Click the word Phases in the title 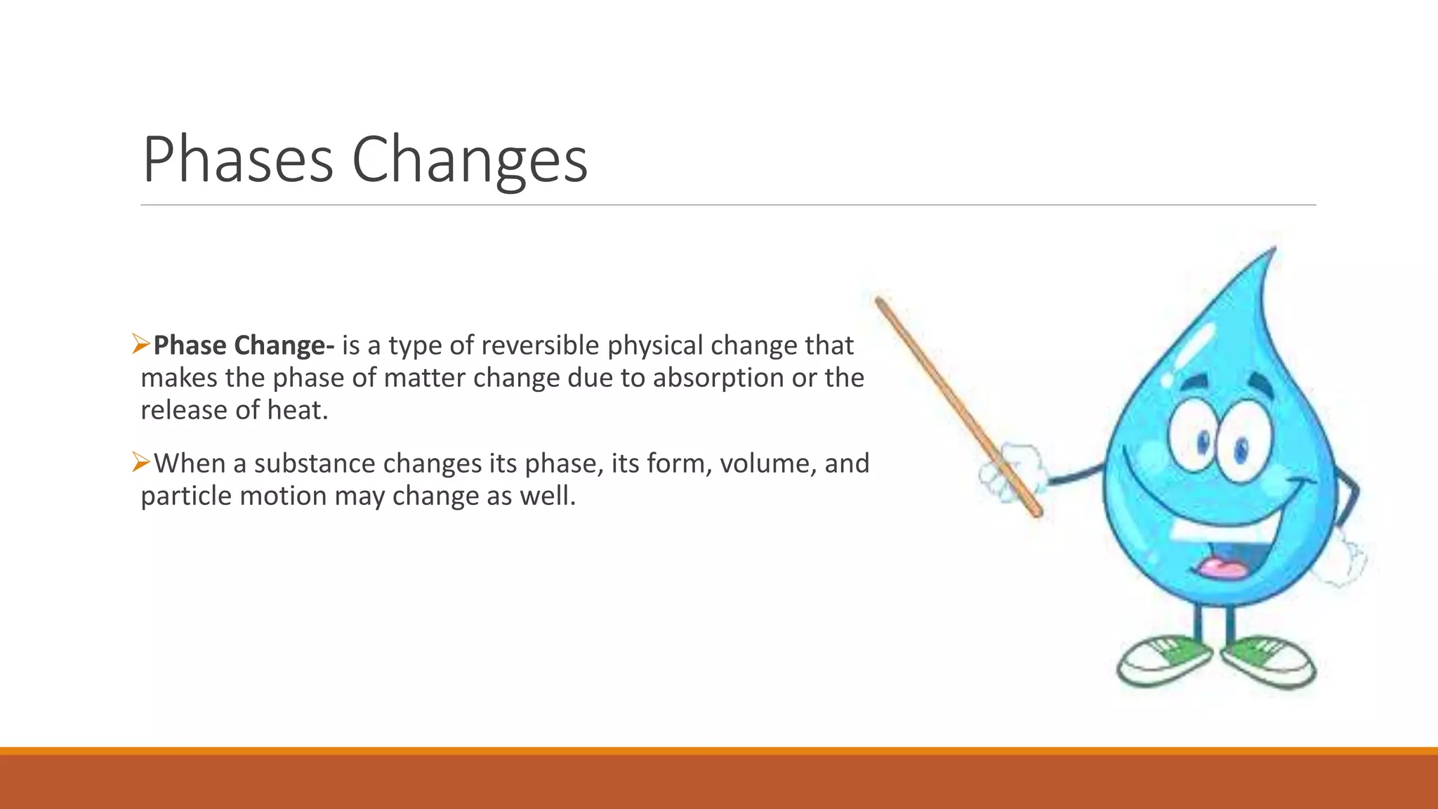(237, 160)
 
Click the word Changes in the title (469, 162)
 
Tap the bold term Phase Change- (244, 346)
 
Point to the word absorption (718, 378)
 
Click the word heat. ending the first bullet (298, 410)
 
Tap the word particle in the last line (186, 496)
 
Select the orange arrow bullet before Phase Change (141, 344)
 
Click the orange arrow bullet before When (141, 462)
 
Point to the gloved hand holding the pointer (1011, 474)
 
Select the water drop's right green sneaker (1269, 659)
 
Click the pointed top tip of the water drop (1272, 251)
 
